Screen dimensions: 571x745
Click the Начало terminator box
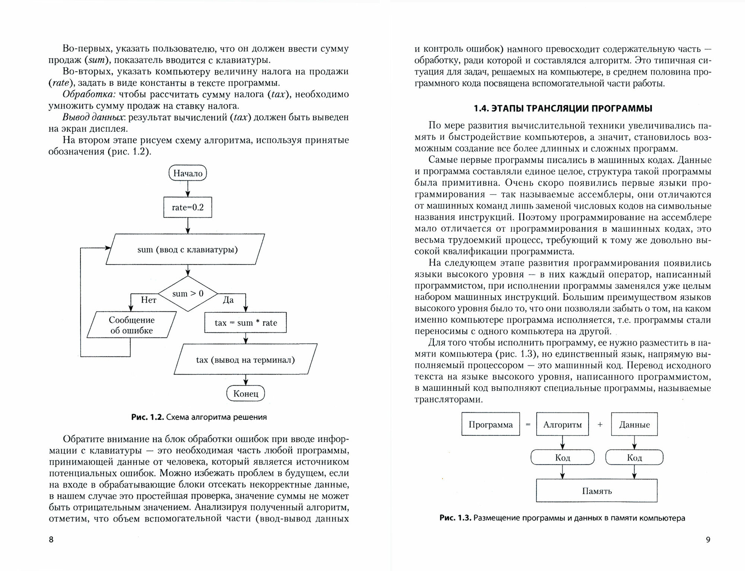[188, 173]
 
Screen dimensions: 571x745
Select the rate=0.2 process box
[188, 207]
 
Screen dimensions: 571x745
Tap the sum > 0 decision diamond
[188, 294]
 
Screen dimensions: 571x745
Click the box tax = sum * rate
[246, 323]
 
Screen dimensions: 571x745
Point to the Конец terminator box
[245, 393]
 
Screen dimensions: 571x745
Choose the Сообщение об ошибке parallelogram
[131, 325]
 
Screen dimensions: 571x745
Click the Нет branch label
[149, 300]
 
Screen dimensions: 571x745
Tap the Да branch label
[228, 300]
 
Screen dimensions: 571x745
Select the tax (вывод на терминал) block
[245, 359]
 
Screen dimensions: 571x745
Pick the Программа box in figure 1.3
[491, 424]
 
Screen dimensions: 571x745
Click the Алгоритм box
[562, 424]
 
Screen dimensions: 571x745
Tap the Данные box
[634, 424]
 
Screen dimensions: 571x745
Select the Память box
[597, 491]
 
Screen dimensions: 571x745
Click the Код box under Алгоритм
[562, 457]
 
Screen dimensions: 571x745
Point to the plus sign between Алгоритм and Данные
[600, 424]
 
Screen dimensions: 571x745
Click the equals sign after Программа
[528, 424]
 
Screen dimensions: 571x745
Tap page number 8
[51, 539]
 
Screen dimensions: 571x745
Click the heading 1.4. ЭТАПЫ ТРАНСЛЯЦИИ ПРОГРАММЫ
[563, 108]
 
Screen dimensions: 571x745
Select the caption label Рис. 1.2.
[148, 417]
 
